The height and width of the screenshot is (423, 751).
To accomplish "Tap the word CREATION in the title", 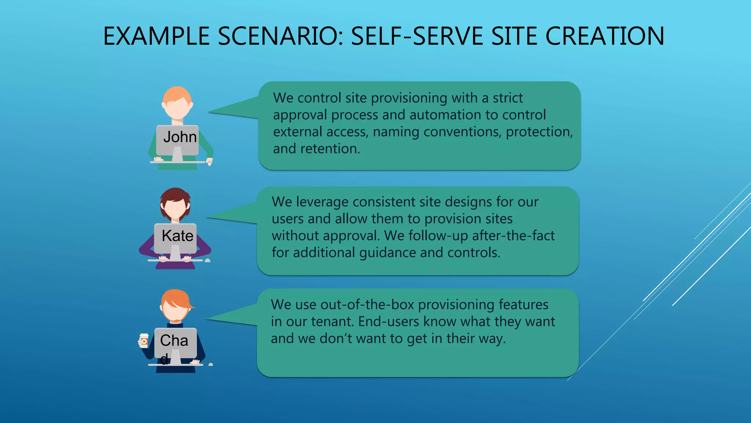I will (605, 36).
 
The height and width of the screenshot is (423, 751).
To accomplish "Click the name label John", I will (180, 137).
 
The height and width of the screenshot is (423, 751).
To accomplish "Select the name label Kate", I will (177, 236).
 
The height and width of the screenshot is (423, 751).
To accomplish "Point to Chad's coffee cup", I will (144, 340).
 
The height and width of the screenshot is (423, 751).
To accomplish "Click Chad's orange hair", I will (176, 298).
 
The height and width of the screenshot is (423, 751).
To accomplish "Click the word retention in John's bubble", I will (330, 149).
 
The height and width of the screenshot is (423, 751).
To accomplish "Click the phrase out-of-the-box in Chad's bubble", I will (367, 305).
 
